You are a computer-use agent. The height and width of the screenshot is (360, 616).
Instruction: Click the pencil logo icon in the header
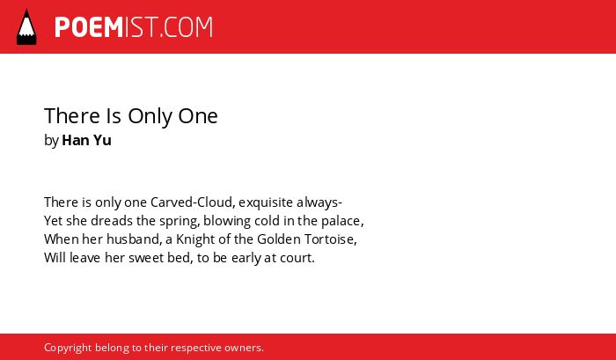point(26,26)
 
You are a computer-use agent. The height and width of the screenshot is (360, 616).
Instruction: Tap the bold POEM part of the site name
point(89,27)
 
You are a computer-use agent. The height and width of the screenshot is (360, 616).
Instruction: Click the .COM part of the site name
point(186,27)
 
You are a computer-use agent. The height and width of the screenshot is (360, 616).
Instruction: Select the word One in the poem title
point(198,116)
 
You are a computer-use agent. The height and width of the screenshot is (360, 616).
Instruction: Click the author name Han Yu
point(87,140)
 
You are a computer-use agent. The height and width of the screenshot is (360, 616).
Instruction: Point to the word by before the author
point(51,141)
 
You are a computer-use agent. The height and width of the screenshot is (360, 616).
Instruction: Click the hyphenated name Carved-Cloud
point(193,202)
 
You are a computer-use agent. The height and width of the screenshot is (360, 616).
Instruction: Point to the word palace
point(341,222)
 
